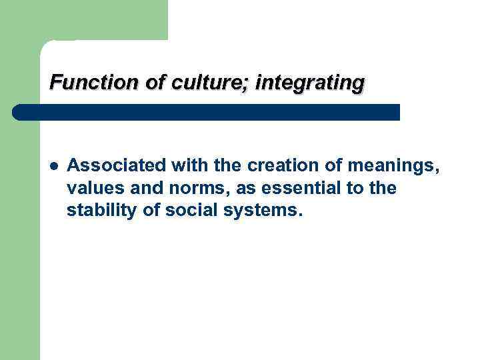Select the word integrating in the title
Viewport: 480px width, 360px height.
pos(310,83)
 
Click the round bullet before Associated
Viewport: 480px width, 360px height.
pos(53,165)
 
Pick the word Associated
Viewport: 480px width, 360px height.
pos(111,165)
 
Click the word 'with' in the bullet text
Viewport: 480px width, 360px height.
pos(177,165)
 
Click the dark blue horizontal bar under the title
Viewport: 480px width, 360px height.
pos(207,112)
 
